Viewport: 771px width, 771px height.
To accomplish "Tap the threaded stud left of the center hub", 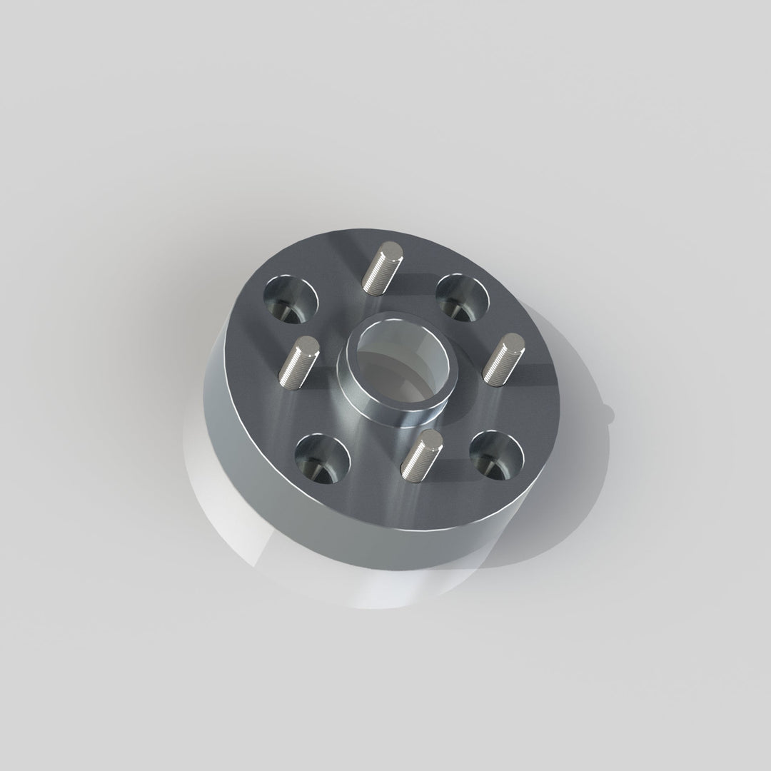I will click(x=298, y=363).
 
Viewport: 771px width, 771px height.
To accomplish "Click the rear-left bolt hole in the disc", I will click(x=291, y=298).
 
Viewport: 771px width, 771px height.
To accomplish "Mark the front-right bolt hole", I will click(x=497, y=455).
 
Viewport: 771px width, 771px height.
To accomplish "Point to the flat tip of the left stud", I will click(x=308, y=346).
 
